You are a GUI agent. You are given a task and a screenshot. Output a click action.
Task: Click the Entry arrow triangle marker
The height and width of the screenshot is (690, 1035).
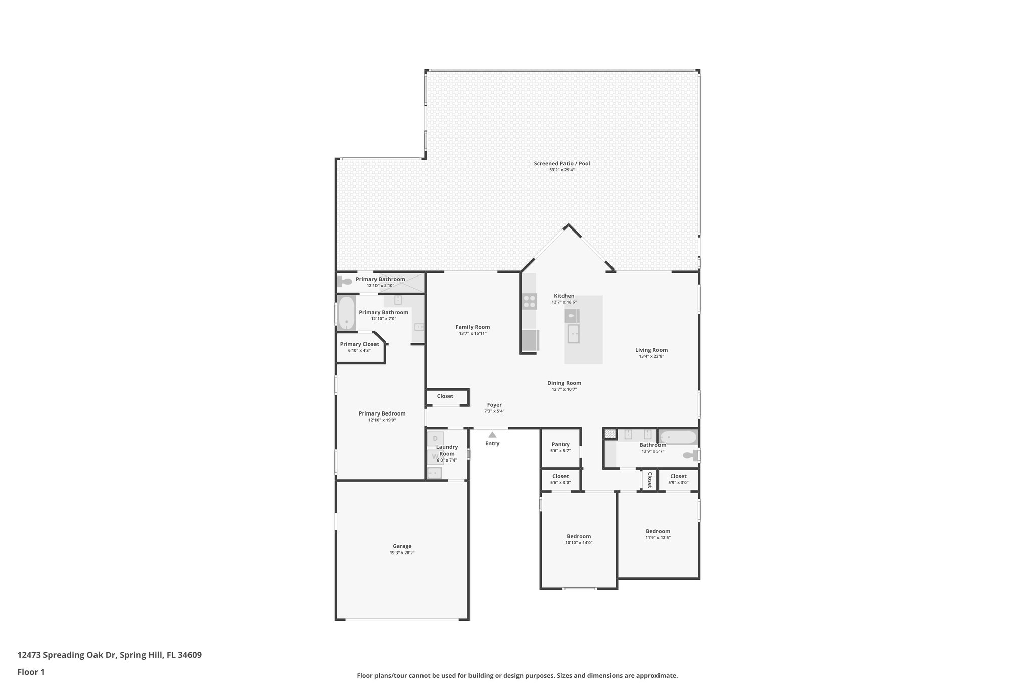click(x=492, y=435)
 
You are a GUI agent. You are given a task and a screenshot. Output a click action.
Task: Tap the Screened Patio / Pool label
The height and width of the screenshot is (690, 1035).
click(x=561, y=164)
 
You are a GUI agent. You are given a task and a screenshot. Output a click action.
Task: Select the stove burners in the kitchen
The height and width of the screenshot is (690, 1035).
click(x=530, y=302)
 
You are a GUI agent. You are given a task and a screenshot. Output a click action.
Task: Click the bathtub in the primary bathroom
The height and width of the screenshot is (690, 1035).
click(x=346, y=313)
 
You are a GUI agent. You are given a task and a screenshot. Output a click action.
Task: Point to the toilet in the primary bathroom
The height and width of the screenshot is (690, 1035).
click(x=346, y=282)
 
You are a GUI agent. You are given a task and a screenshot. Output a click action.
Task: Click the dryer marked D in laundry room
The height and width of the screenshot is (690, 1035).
click(x=435, y=439)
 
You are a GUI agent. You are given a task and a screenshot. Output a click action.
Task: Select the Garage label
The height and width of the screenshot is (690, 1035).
click(x=402, y=546)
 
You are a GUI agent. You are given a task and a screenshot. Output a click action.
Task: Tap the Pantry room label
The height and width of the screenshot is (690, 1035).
click(x=560, y=445)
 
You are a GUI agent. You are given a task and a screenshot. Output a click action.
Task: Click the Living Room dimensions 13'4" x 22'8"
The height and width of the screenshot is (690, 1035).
click(x=651, y=357)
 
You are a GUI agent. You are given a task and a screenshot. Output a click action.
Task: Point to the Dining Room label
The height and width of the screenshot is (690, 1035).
click(x=564, y=383)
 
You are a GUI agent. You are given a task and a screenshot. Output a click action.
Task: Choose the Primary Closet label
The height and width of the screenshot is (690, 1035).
click(x=359, y=344)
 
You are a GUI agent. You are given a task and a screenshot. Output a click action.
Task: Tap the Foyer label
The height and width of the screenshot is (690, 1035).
click(x=494, y=405)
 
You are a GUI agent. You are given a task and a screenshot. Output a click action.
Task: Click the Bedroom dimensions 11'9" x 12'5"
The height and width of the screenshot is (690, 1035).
click(x=657, y=538)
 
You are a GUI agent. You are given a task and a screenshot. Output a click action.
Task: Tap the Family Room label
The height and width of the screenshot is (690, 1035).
click(x=473, y=327)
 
